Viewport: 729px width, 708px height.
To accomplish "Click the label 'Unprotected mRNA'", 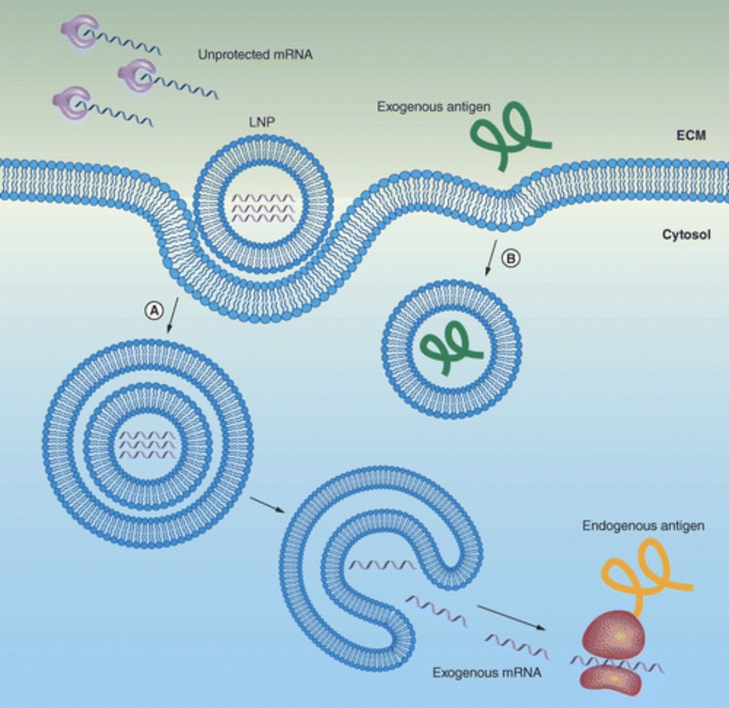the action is click(255, 55).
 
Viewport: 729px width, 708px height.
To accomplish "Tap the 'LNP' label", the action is click(262, 122).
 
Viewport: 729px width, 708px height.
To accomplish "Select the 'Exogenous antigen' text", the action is click(434, 107).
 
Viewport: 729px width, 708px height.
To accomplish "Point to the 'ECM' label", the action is click(691, 136).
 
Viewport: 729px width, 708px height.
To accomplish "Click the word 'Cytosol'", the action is click(686, 235).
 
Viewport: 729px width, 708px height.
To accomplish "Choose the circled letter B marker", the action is click(511, 258).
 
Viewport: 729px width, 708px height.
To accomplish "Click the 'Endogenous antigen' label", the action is click(643, 526).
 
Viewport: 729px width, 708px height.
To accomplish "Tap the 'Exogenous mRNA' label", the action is click(487, 672).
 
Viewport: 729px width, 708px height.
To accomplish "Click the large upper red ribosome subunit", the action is click(614, 635).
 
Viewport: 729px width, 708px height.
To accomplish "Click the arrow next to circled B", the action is click(491, 258).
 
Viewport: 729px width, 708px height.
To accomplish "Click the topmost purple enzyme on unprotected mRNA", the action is click(79, 30).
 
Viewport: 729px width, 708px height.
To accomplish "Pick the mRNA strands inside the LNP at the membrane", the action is click(263, 208).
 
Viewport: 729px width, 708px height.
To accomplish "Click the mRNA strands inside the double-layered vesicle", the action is click(148, 445).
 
